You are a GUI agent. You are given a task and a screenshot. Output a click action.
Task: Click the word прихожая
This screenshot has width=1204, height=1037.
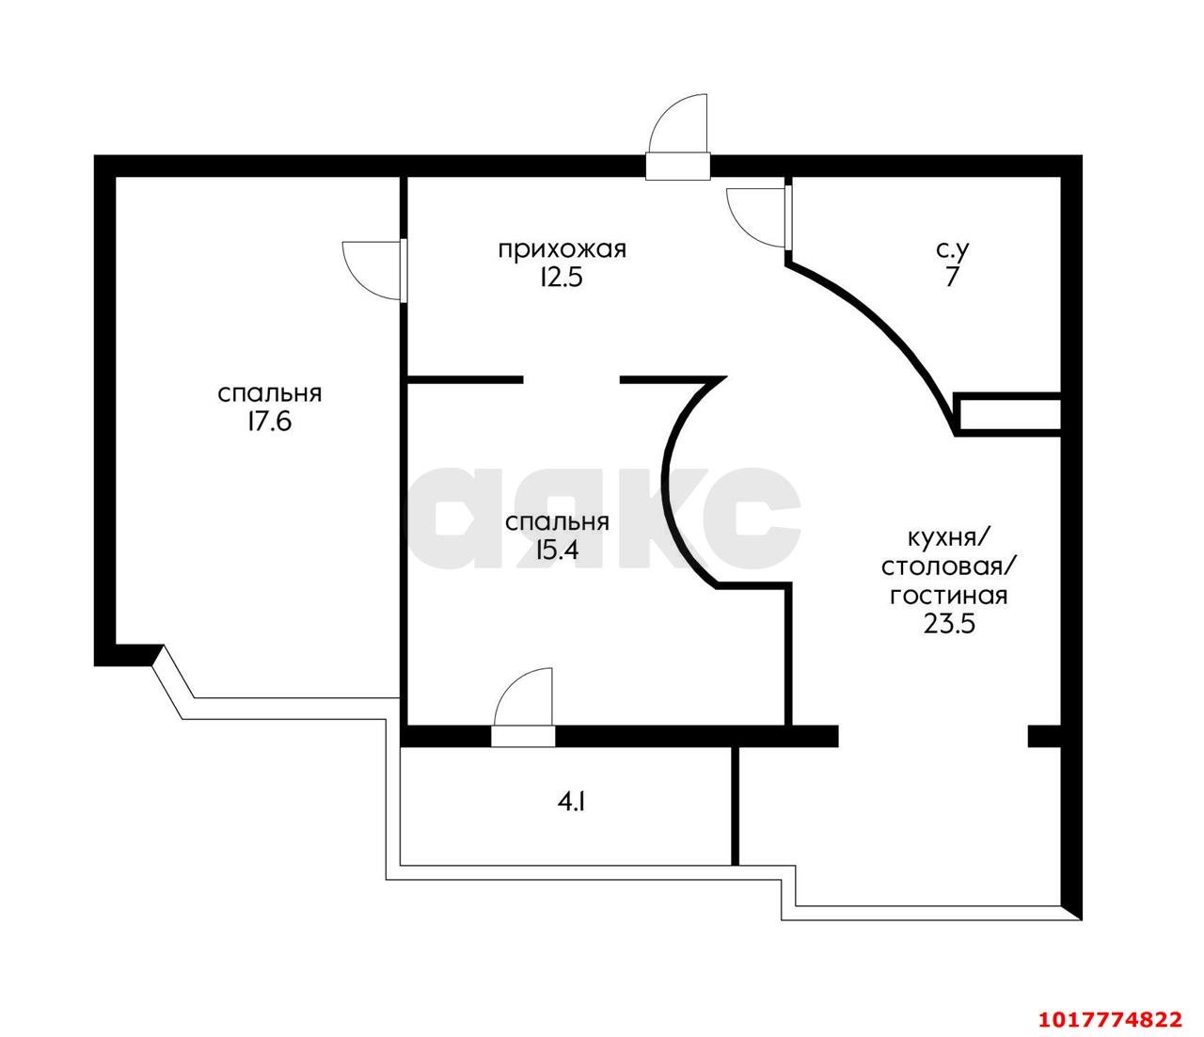(562, 250)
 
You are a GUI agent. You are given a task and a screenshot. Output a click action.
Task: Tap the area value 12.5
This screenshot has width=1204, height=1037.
(561, 278)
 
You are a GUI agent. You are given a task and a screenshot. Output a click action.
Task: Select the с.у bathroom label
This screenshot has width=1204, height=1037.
(952, 250)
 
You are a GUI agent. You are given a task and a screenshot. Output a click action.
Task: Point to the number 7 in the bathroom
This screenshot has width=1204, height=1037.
(952, 278)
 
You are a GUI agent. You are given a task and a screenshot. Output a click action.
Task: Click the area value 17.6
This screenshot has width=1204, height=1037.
(269, 422)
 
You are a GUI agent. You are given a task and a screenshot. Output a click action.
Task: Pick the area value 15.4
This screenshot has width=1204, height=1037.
(558, 550)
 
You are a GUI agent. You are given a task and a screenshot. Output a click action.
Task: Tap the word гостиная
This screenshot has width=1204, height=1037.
(949, 596)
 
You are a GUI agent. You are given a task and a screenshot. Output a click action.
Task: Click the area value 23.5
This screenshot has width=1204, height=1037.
(949, 624)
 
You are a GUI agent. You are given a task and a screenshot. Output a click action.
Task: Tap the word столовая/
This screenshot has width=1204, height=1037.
(949, 567)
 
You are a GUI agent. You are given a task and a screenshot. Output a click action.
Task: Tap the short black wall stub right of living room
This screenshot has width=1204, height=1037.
(1044, 736)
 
